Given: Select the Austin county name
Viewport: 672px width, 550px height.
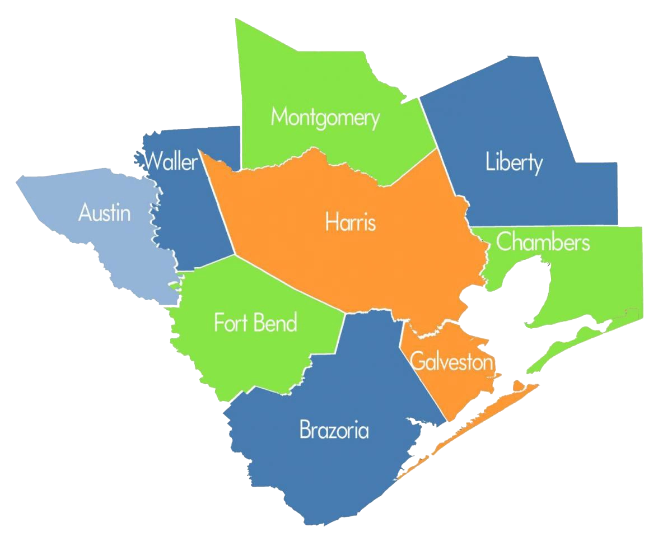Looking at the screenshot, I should (x=104, y=213).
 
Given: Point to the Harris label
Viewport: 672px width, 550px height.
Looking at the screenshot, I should (x=351, y=223).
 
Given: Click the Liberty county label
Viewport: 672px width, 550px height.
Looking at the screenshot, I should (x=514, y=164).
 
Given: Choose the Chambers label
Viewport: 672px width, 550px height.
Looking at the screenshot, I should (x=543, y=243).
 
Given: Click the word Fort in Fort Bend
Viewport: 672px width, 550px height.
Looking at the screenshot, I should (x=230, y=323).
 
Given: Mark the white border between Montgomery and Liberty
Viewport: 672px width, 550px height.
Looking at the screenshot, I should (x=428, y=124).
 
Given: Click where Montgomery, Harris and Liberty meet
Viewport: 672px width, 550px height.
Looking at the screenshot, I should (x=436, y=148).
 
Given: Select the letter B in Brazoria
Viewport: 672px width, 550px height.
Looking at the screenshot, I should (x=305, y=430).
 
